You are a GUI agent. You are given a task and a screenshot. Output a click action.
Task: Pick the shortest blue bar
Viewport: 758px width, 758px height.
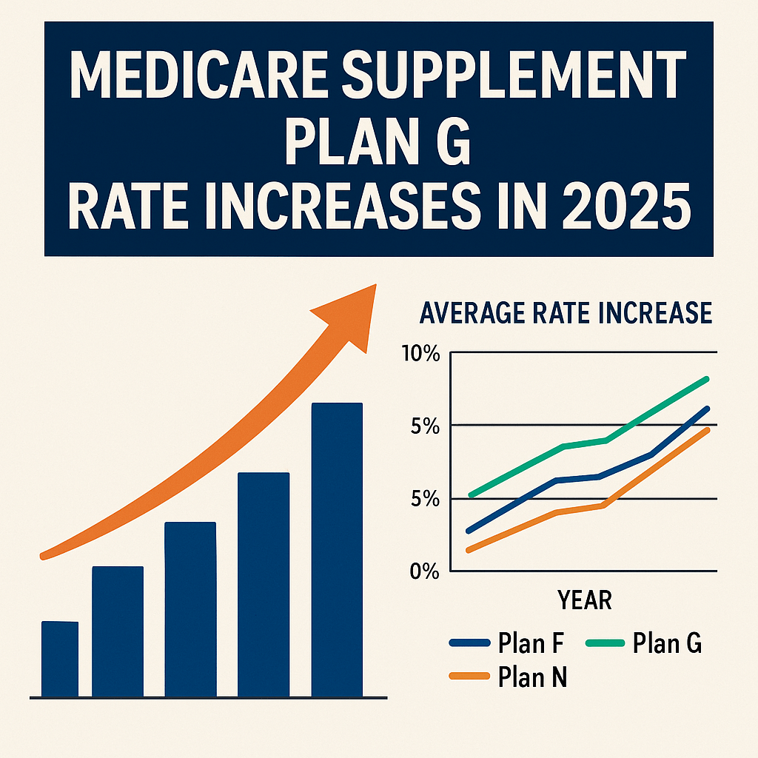click(x=60, y=659)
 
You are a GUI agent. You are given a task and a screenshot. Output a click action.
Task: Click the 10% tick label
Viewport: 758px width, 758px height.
click(x=420, y=354)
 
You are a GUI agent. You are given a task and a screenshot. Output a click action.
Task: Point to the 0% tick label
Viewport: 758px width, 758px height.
click(x=424, y=571)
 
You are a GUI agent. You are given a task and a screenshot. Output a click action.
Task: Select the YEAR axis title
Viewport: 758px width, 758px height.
click(x=583, y=600)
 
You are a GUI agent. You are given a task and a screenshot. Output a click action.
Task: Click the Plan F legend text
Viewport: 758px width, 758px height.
click(x=531, y=644)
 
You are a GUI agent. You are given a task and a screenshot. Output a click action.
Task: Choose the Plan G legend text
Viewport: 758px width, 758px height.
click(x=667, y=644)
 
